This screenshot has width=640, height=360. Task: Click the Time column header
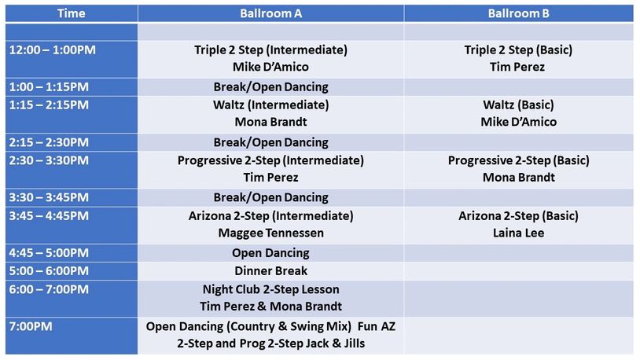pos(72,13)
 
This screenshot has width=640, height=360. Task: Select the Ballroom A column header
pos(270,13)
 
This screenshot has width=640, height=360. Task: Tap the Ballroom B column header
pos(518,13)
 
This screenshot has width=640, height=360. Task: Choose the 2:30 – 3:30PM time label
pos(49,160)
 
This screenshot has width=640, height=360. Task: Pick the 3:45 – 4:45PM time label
pos(49,215)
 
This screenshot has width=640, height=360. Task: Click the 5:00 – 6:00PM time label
pos(49,271)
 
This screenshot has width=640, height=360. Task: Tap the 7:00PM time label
pos(32,325)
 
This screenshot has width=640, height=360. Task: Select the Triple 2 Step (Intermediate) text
pos(270,50)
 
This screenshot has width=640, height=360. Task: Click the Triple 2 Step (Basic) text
pos(518,50)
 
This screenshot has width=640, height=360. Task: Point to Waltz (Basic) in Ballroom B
pos(518,105)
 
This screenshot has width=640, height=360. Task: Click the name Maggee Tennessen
pos(270,233)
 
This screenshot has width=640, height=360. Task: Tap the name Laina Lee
pos(518,233)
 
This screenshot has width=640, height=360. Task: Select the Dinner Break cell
pos(270,271)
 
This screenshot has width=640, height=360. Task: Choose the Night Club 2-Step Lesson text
pos(270,289)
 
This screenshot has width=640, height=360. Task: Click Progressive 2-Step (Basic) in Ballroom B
pos(518,160)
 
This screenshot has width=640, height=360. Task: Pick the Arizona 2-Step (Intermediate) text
pos(270,215)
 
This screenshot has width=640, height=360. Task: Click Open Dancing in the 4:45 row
pos(270,253)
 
